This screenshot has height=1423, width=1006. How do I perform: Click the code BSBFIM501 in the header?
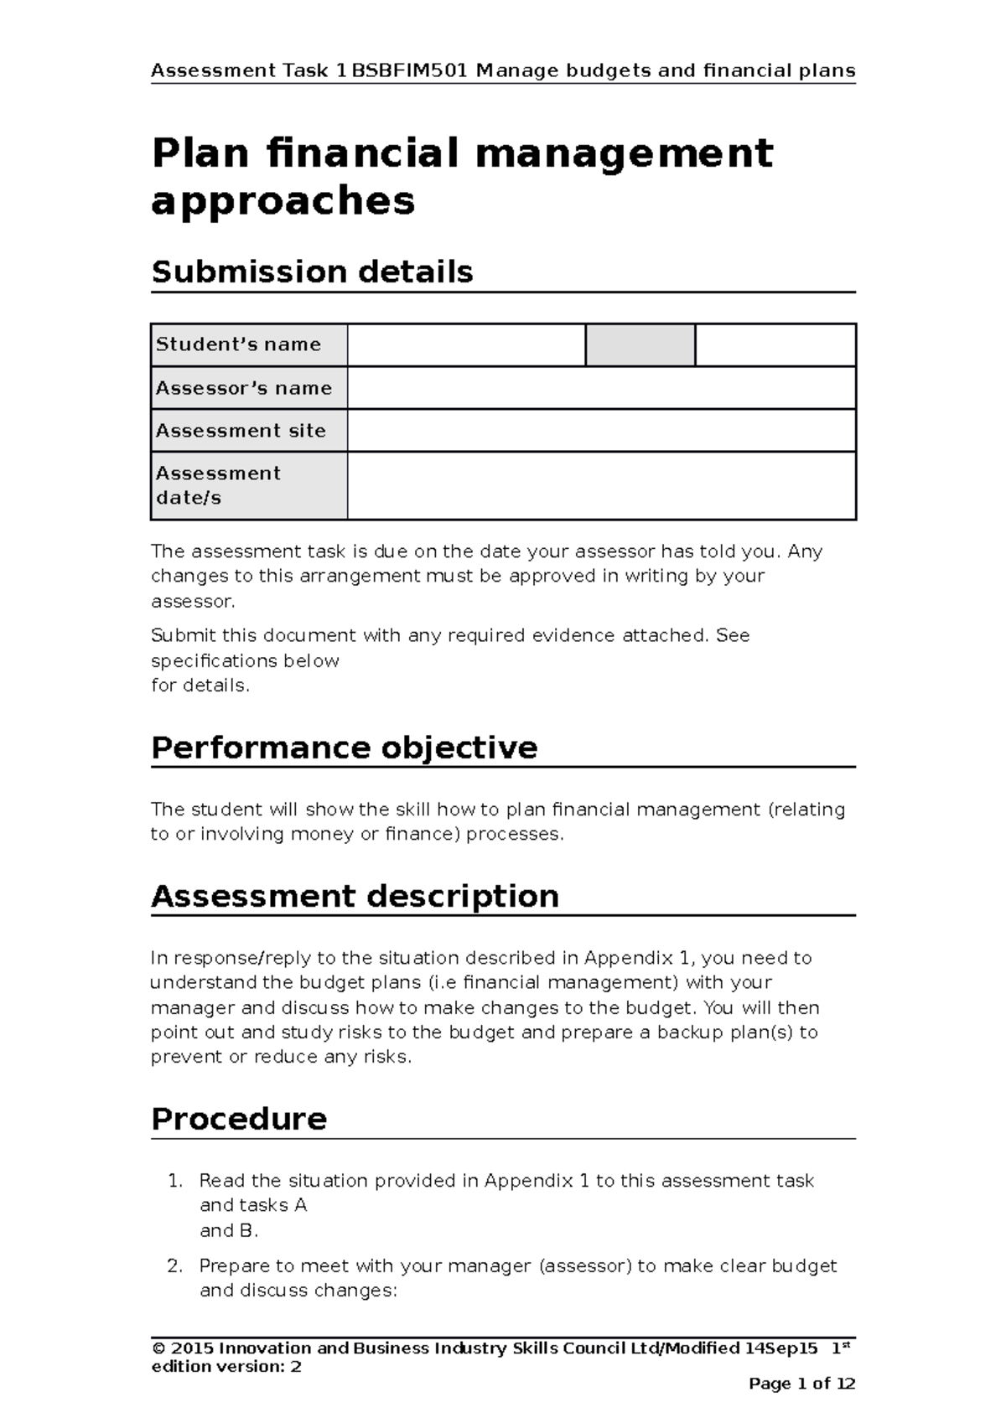coord(410,70)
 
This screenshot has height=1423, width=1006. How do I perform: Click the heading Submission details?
coord(312,272)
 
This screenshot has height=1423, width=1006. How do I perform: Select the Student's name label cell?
coord(249,344)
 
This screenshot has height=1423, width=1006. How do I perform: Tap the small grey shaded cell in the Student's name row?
coord(640,345)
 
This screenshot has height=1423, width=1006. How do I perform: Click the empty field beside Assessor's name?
coord(601,388)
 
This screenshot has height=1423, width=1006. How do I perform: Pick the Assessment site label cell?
coord(249,431)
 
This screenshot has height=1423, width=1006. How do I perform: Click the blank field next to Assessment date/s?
coord(601,485)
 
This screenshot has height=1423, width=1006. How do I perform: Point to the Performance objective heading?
coord(344,747)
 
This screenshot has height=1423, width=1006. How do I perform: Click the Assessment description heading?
coord(355,896)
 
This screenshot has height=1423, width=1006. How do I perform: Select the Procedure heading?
coord(239,1119)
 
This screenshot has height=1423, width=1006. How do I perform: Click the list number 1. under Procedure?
coord(174,1181)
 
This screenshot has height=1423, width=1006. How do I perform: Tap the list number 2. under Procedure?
coord(174,1265)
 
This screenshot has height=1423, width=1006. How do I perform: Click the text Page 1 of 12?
coord(801,1384)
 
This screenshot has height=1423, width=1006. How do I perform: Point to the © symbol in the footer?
coord(157,1348)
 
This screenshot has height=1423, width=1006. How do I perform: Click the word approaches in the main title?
coord(283,200)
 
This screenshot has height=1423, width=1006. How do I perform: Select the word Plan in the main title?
coord(200,153)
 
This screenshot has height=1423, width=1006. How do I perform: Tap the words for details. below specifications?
coord(200,685)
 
